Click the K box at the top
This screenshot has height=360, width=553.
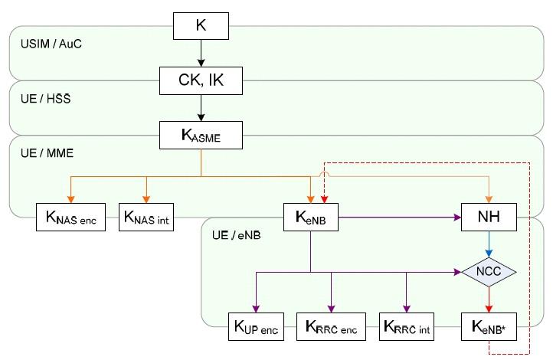pos(201,27)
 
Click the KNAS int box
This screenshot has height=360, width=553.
pos(148,218)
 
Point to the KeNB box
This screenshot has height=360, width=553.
pos(310,218)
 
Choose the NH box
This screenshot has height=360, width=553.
pos(488,218)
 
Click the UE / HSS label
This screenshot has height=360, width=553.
pos(41,99)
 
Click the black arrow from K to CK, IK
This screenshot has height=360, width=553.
pos(201,53)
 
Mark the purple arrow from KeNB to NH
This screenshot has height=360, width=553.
pos(398,218)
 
